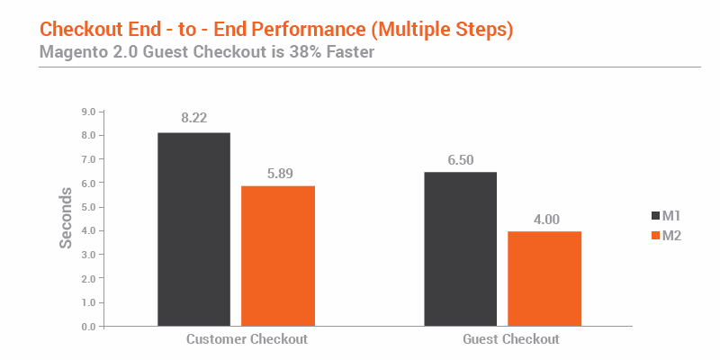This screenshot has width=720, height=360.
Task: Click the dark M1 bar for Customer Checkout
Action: point(193,229)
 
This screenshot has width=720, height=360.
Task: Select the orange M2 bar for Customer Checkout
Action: point(278,256)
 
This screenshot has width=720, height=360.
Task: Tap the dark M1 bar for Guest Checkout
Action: point(461,249)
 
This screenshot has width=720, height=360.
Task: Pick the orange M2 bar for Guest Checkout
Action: point(544,279)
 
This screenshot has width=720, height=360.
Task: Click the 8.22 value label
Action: point(193,118)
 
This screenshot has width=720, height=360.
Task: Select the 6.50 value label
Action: point(461,160)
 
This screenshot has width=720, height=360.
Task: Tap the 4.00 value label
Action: point(546,220)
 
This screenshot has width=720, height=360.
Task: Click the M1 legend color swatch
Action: point(656,216)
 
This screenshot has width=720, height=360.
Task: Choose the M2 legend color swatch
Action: point(656,236)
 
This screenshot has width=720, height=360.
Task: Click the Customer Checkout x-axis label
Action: point(247,339)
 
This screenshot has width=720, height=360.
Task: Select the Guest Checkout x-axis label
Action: point(511,339)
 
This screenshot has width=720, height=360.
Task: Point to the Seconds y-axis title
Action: point(66,218)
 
